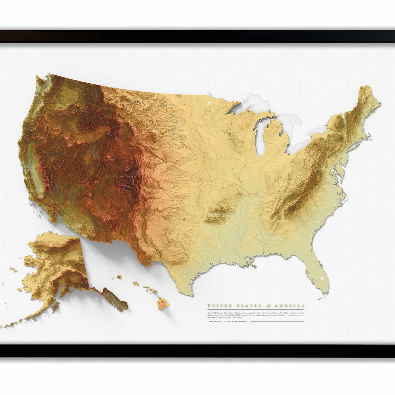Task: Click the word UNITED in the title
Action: (216, 305)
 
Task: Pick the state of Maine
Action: (367, 99)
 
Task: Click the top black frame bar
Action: (197, 36)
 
